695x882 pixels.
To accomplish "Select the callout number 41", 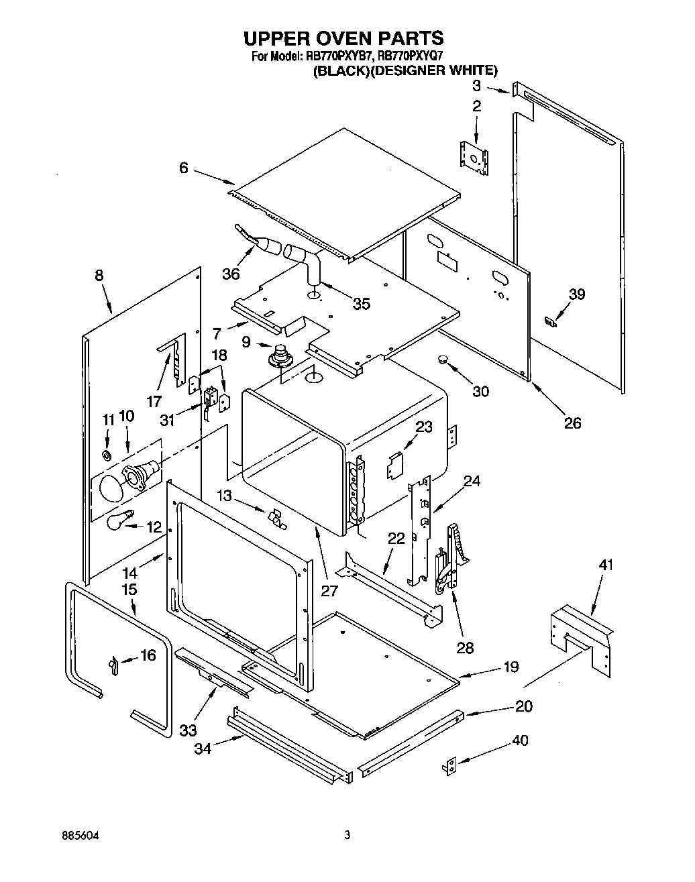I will click(605, 565).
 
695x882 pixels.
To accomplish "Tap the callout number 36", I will click(231, 274).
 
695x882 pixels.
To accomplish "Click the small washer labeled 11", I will click(107, 455).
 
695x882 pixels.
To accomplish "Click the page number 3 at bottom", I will click(347, 836).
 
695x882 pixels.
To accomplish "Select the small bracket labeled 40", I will click(452, 767).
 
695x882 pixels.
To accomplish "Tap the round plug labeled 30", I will click(442, 360).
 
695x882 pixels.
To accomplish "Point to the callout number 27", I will click(329, 591).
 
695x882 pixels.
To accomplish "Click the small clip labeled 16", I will click(113, 663).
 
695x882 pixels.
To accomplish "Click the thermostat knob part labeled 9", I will click(278, 354).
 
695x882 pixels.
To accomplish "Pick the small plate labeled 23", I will click(394, 464).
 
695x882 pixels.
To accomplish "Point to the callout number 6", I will click(184, 168).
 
